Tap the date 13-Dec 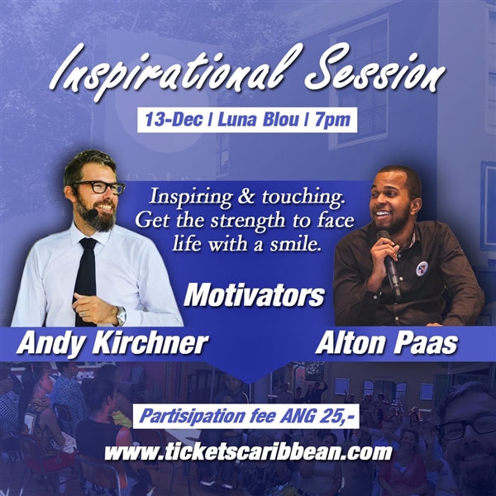coord(174,120)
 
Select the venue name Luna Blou coord(258,120)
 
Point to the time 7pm coord(332,121)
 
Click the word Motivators coord(254,296)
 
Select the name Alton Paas coord(386,342)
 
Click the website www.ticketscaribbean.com coord(248,452)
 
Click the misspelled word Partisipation coord(193,417)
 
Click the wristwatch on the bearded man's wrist coord(121,316)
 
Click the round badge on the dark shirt coord(422,269)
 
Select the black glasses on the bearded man coord(98,187)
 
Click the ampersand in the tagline coord(246,197)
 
